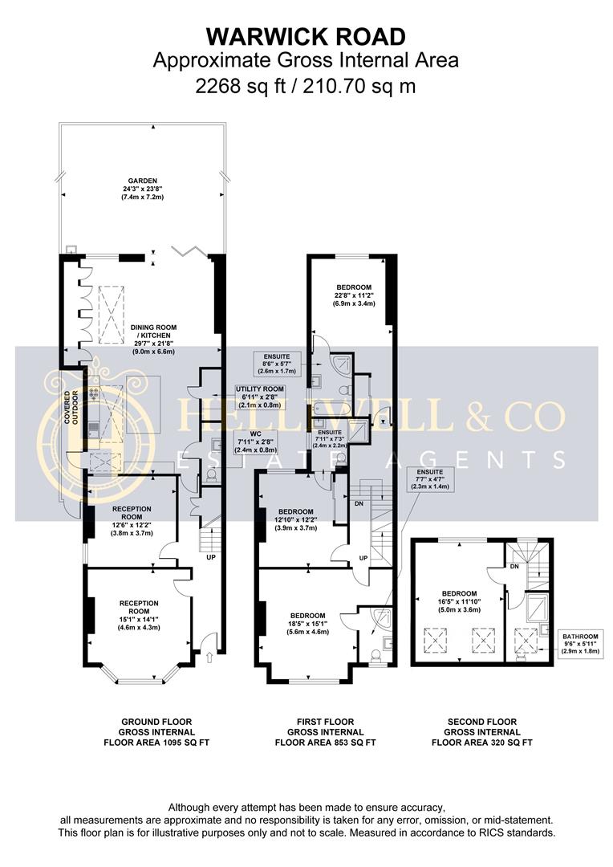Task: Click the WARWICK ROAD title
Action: (306, 36)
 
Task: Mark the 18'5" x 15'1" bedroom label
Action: (307, 625)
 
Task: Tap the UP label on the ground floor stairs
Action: (211, 557)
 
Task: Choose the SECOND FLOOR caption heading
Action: (481, 722)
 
